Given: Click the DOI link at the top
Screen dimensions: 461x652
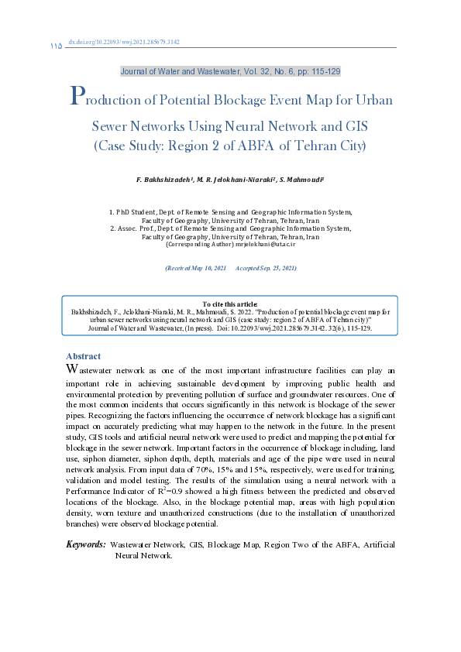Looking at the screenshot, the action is pos(124,42).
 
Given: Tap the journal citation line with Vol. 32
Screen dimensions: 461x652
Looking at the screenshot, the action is pos(230,71).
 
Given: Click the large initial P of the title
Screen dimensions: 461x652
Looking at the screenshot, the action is pos(76,97).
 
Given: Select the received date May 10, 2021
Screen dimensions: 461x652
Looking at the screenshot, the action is pos(205,268).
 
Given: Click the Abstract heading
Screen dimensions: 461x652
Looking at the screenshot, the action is pos(83,356).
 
